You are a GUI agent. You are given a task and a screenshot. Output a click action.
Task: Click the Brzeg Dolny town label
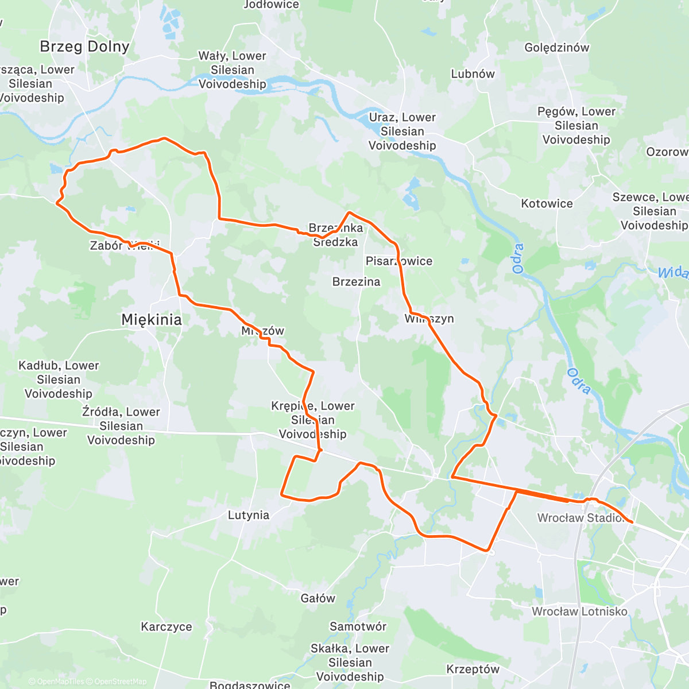(x=84, y=47)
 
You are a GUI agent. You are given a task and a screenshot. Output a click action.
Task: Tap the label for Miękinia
(x=152, y=320)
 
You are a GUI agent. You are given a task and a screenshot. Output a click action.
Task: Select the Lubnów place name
(x=473, y=73)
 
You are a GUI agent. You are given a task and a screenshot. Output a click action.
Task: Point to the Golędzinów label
(x=556, y=48)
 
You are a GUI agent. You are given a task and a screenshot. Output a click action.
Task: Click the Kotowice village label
(x=547, y=203)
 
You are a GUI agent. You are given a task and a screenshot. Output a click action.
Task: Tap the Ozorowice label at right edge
(x=667, y=152)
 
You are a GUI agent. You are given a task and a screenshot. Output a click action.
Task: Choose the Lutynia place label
(x=249, y=515)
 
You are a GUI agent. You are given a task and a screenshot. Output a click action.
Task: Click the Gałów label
(x=318, y=598)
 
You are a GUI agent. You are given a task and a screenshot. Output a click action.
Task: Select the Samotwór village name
(x=358, y=626)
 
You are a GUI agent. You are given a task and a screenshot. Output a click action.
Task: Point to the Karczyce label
(x=167, y=626)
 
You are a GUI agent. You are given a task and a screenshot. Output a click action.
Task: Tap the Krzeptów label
(x=473, y=669)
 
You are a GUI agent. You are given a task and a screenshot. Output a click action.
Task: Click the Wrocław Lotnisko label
(x=579, y=611)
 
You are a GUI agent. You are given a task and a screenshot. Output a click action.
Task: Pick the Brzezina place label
(x=356, y=282)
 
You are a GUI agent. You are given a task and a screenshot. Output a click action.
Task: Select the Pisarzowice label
(x=399, y=261)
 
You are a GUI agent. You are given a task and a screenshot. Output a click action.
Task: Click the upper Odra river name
(x=518, y=258)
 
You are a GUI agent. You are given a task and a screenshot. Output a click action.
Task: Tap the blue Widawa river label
(x=673, y=272)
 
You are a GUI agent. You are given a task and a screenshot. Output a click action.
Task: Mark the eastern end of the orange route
(x=632, y=522)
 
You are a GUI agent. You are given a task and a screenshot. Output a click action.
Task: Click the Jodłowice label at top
(x=271, y=5)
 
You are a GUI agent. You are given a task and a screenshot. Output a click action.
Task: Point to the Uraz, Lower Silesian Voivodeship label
(x=402, y=131)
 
